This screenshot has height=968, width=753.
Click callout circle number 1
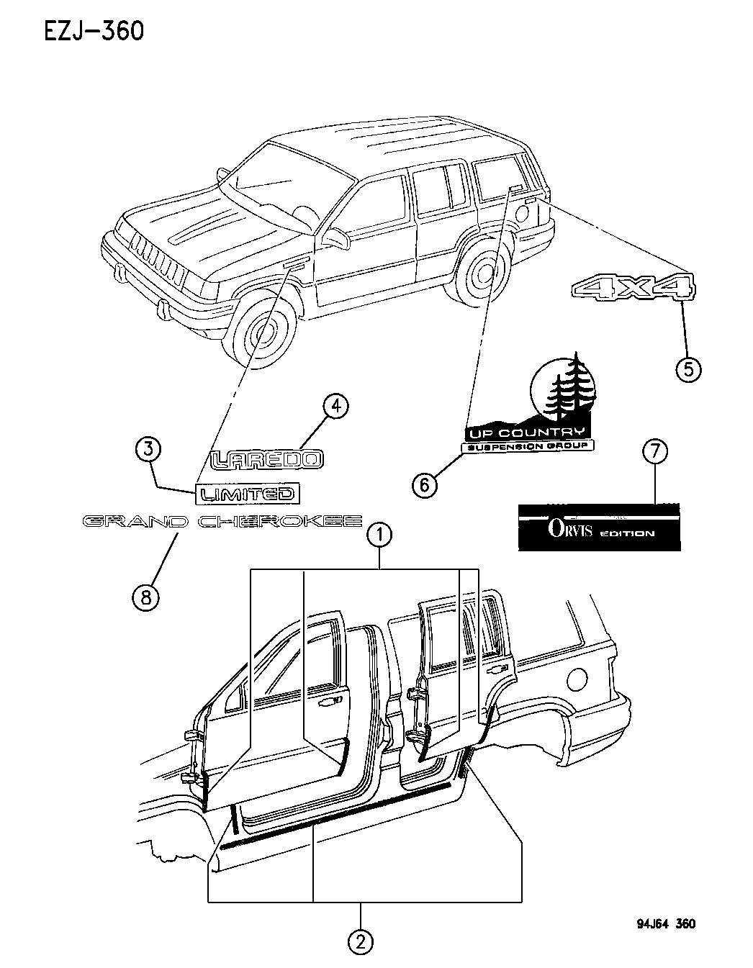coord(379,535)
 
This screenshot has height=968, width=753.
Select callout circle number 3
coord(148,450)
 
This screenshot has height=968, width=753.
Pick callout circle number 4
coord(335,407)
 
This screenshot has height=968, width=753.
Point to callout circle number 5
coord(687,368)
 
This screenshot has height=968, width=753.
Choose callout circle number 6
coord(425,484)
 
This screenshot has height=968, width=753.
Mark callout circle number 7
coord(655,453)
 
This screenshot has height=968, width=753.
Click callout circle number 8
coord(146,597)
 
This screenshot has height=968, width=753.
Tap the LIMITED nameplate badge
coord(248,494)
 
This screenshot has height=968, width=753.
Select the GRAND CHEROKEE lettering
coord(222,521)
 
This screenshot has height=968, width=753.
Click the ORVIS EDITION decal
coord(599,527)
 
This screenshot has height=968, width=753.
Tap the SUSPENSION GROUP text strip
coord(528,447)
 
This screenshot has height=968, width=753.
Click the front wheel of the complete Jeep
coord(263,333)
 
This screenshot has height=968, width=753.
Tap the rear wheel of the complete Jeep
coord(481,273)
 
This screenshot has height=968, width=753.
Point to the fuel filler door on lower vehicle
coord(580,678)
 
